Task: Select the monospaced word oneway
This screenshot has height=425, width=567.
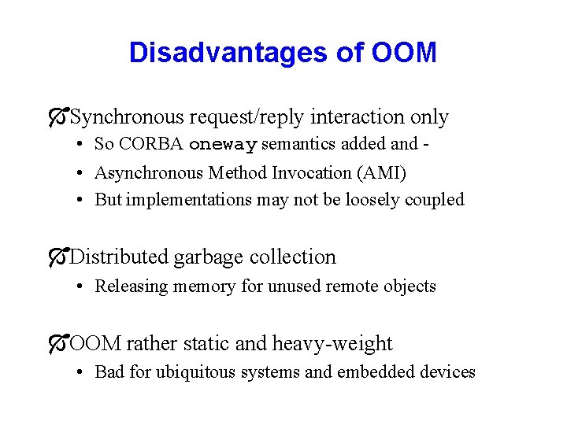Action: coord(224,145)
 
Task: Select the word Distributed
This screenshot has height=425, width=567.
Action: coord(119,257)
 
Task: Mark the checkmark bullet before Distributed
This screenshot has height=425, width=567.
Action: coord(57,257)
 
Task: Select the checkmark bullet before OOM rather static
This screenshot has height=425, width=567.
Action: coord(57,343)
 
